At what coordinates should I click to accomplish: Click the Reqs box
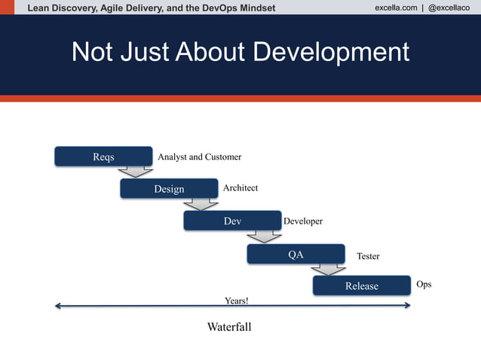(x=103, y=156)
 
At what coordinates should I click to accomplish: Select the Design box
(x=169, y=188)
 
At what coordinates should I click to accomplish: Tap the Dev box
(x=232, y=221)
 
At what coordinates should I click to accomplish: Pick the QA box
(x=296, y=254)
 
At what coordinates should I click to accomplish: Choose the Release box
(x=361, y=285)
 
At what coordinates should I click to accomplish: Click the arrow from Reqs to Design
(x=136, y=172)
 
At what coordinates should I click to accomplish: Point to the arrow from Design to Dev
(x=201, y=204)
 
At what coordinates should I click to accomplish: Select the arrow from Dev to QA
(x=265, y=237)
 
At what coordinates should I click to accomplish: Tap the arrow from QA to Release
(x=329, y=270)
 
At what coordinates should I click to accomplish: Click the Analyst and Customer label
(x=199, y=157)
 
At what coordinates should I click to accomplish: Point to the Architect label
(x=240, y=188)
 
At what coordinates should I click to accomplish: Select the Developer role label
(x=303, y=221)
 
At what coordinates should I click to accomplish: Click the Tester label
(x=368, y=256)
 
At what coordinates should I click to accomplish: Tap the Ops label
(x=424, y=285)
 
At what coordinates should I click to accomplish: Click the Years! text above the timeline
(x=236, y=301)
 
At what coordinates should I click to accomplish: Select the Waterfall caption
(x=229, y=327)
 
